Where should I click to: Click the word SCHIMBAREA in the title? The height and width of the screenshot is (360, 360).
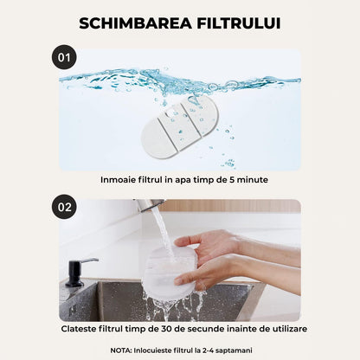(x=130, y=22)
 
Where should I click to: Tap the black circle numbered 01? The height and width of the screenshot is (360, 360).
(x=64, y=58)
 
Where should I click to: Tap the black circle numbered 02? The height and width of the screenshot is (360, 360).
(x=64, y=208)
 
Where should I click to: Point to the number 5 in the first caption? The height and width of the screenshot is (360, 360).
(x=228, y=180)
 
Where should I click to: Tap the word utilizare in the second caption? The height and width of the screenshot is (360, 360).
(x=284, y=329)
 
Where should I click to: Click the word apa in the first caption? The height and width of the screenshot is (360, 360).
(x=183, y=180)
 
